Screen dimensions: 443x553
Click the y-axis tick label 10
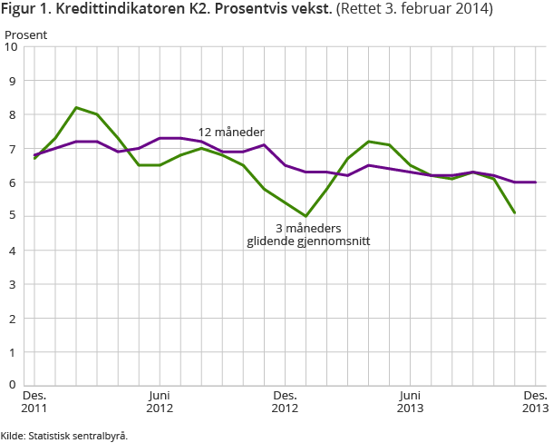(13, 48)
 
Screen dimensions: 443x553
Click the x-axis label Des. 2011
(34, 401)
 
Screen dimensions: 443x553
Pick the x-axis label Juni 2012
(160, 401)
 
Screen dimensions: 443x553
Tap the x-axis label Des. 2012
(285, 401)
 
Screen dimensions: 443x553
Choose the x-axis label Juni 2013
(410, 401)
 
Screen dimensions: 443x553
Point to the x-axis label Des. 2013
(535, 401)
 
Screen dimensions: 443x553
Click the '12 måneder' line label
(231, 133)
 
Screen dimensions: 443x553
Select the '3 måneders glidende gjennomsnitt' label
(308, 235)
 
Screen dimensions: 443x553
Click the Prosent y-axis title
(26, 34)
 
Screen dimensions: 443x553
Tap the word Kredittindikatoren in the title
(117, 11)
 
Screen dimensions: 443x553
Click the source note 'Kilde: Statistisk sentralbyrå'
(64, 436)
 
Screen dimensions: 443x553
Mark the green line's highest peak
(76, 107)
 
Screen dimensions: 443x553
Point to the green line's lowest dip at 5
(306, 216)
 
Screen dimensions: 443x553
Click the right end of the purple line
(536, 182)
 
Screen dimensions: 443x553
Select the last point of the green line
(515, 212)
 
